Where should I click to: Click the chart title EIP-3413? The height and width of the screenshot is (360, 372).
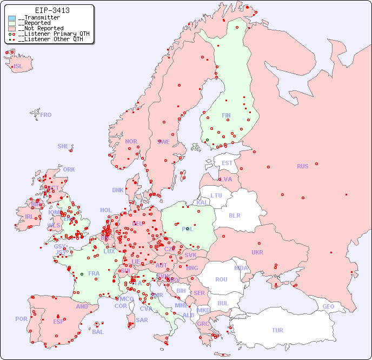[x=52, y=10]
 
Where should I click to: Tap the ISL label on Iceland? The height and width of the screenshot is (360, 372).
[x=18, y=67]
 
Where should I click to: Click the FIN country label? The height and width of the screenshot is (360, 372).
[x=226, y=115]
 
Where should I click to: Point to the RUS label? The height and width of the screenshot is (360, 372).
[x=302, y=166]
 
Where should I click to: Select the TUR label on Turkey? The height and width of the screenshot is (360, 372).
[x=277, y=330]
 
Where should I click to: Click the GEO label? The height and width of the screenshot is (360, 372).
[x=328, y=306]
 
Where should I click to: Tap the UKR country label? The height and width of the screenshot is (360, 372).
[x=257, y=252]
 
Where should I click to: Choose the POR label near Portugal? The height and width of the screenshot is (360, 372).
[x=21, y=319]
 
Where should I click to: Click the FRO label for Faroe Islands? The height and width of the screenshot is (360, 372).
[x=46, y=115]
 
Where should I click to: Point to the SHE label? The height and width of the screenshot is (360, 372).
[x=63, y=146]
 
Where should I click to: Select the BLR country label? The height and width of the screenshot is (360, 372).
[x=234, y=215]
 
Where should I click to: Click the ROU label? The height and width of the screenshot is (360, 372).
[x=221, y=279]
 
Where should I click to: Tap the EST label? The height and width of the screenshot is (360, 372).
[x=227, y=163]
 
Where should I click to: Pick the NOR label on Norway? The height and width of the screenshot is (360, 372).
[x=131, y=141]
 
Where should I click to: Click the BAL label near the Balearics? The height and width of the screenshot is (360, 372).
[x=98, y=332]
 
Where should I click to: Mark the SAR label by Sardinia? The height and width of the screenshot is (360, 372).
[x=142, y=320]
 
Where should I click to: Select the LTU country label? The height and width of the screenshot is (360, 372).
[x=216, y=195]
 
